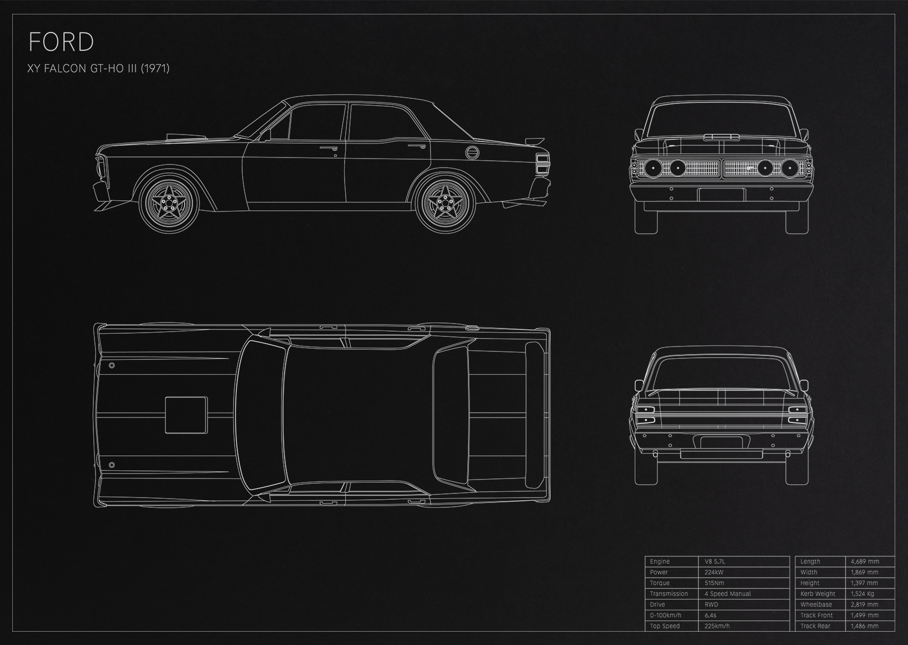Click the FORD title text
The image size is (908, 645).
(61, 42)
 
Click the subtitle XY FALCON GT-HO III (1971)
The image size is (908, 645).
(99, 68)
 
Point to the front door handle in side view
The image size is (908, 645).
(328, 148)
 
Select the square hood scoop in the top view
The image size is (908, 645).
(186, 415)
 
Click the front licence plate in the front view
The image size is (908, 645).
(721, 195)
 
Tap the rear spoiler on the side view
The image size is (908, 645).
(535, 141)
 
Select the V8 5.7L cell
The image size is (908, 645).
(715, 561)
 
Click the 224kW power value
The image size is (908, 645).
(714, 572)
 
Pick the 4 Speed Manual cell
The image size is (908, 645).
(728, 594)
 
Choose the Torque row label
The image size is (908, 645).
(659, 583)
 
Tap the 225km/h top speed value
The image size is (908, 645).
(716, 626)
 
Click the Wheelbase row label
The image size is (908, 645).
(816, 604)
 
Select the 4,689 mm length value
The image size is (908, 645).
(865, 561)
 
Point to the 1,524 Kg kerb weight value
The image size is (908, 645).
(862, 594)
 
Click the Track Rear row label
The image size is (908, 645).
(815, 626)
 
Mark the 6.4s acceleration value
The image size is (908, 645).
(710, 615)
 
